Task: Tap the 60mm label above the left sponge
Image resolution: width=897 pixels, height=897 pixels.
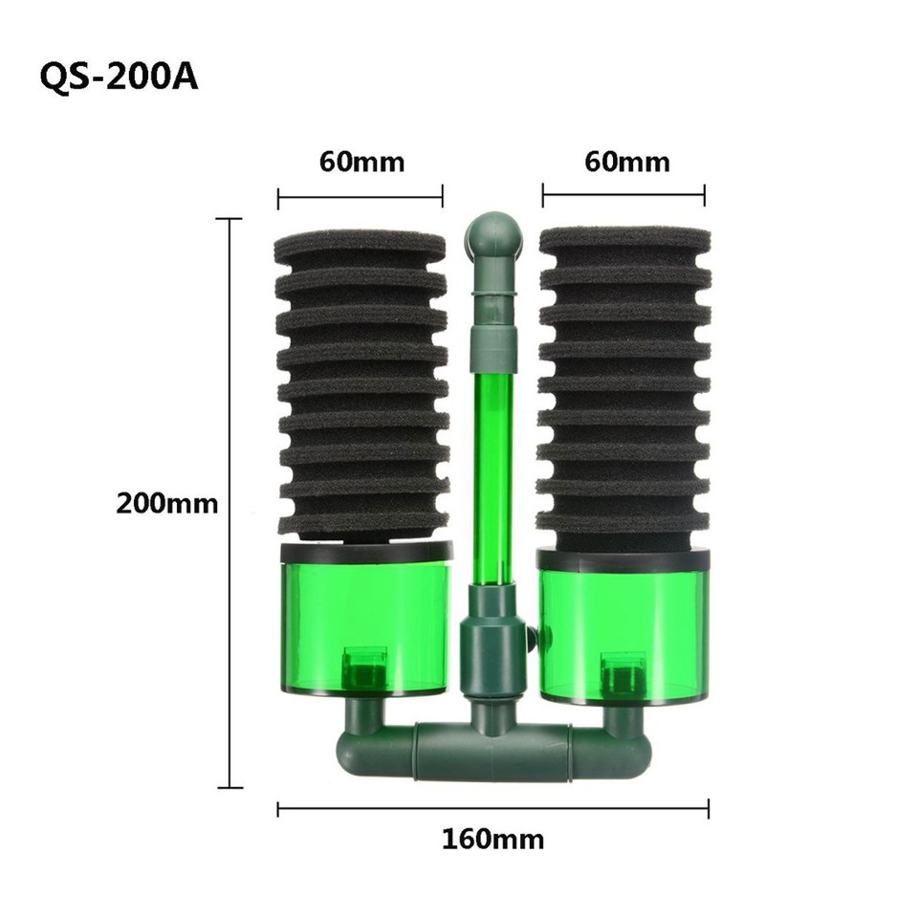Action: click(361, 162)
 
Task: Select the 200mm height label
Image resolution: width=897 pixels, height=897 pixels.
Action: click(167, 503)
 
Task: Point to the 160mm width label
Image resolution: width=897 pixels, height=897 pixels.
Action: click(492, 840)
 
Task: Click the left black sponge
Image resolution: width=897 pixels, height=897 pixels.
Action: click(361, 383)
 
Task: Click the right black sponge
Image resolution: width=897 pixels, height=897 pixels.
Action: click(624, 383)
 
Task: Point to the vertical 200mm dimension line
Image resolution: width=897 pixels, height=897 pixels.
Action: click(230, 503)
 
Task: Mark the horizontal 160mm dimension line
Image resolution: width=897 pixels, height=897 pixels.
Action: click(492, 809)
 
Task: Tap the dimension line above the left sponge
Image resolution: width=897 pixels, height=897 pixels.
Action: click(361, 198)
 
